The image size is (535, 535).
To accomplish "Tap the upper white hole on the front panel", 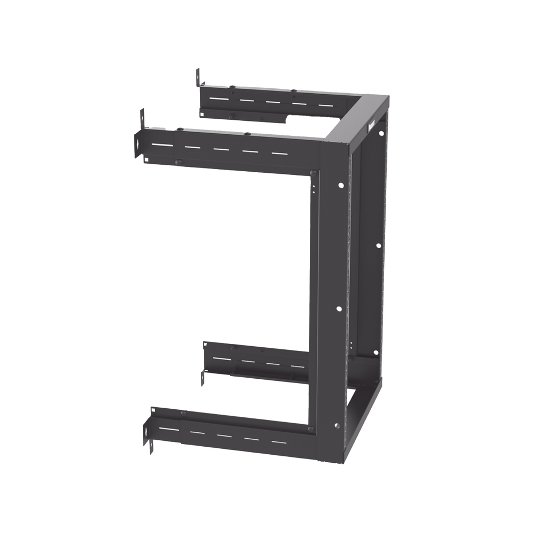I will pyautogui.click(x=340, y=186).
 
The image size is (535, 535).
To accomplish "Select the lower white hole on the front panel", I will pyautogui.click(x=339, y=309).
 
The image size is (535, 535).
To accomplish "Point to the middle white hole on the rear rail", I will pyautogui.click(x=378, y=246).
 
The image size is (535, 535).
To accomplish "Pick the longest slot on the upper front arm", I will pyautogui.click(x=161, y=145).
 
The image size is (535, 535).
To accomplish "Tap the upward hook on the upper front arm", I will pyautogui.click(x=142, y=118).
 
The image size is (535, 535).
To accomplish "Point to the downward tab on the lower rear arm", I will pyautogui.click(x=203, y=378).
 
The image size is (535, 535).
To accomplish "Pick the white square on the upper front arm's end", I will pyautogui.click(x=144, y=158).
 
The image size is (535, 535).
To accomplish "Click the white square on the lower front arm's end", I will pyautogui.click(x=153, y=411).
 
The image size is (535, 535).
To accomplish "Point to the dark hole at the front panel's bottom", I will pyautogui.click(x=336, y=426).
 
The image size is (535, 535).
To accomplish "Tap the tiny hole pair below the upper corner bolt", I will pyautogui.click(x=314, y=185).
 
